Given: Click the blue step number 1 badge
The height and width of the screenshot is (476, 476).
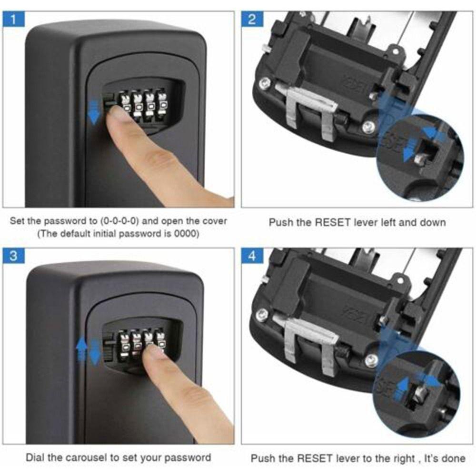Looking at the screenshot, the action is [13, 20].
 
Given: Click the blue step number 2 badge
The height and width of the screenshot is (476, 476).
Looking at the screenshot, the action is [252, 20].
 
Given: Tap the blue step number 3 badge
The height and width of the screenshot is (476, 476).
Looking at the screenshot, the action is [13, 256].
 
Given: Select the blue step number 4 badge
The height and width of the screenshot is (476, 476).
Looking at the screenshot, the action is [252, 256].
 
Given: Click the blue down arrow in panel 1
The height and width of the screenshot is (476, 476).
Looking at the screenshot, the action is [94, 112].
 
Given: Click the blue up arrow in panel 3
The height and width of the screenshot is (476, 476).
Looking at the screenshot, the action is [81, 349].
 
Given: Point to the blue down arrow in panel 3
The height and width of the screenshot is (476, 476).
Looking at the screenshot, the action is [95, 352].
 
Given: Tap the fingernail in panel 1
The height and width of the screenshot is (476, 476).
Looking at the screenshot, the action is [118, 114].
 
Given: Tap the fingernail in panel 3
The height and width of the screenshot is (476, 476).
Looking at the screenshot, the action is [153, 352].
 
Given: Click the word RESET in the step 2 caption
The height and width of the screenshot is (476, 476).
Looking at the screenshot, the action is [332, 222].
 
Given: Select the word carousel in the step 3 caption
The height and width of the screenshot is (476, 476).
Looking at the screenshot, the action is [86, 458].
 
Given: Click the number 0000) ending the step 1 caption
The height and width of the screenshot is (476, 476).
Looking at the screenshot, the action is [187, 234].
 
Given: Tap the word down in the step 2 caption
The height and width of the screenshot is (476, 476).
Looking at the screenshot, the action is [433, 222].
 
